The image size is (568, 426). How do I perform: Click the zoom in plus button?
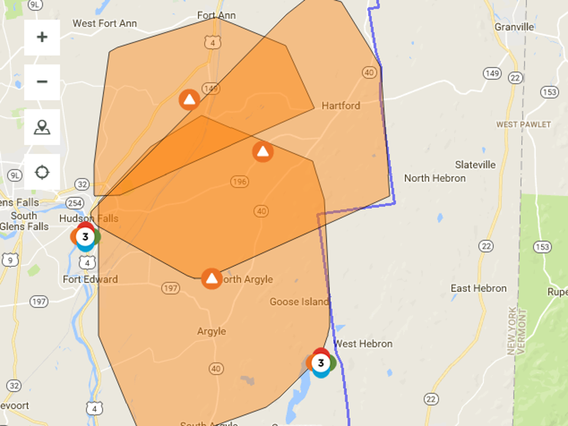(42, 37)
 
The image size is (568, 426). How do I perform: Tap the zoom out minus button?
(42, 82)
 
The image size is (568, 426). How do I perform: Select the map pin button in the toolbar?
(42, 127)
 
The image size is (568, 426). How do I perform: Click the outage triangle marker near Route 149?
(189, 100)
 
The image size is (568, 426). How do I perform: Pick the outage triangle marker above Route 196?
(263, 152)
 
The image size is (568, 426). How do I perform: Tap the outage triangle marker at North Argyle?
(212, 278)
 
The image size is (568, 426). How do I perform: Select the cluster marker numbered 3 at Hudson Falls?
(85, 237)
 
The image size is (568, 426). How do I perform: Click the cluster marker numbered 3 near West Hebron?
(321, 363)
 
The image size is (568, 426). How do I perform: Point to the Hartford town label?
(341, 106)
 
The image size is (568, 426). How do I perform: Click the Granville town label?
(514, 27)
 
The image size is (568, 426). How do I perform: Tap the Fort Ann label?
(216, 16)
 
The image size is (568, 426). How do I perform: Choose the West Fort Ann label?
(105, 23)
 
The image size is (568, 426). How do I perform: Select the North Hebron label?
(435, 178)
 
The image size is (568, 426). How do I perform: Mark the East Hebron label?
(478, 288)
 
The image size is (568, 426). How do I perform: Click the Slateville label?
(475, 165)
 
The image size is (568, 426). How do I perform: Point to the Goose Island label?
(299, 302)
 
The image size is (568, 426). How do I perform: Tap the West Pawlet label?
(523, 124)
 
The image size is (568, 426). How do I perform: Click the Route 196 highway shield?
(240, 181)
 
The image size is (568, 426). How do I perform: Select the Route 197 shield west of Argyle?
(170, 288)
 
